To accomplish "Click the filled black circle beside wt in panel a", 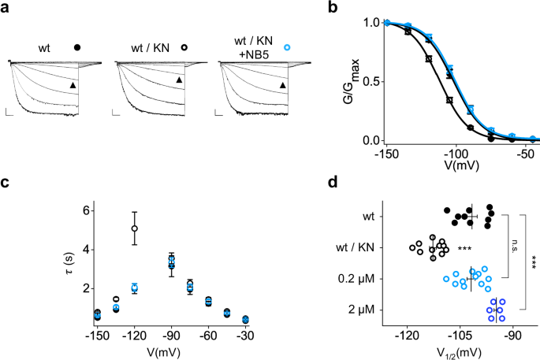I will (77, 47).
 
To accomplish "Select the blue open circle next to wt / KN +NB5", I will (287, 47).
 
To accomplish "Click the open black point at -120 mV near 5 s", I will (135, 228).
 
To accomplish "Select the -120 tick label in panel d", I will (408, 334).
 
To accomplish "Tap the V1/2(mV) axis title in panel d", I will (460, 350).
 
